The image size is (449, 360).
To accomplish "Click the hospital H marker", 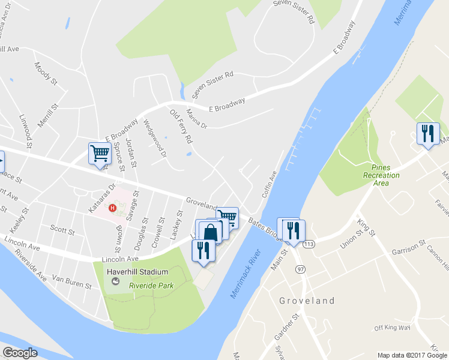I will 112,208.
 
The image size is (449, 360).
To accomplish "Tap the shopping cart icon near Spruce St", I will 99,153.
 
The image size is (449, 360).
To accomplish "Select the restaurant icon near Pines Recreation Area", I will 428,133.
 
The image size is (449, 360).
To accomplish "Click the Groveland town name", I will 307,301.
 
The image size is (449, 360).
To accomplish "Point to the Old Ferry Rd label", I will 181,125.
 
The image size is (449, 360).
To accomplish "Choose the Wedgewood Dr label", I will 155,139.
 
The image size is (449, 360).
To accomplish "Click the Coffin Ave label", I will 268,184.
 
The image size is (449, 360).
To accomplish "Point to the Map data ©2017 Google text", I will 411,355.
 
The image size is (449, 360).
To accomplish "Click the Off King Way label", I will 392,328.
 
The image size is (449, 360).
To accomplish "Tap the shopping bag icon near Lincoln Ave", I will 211,232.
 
